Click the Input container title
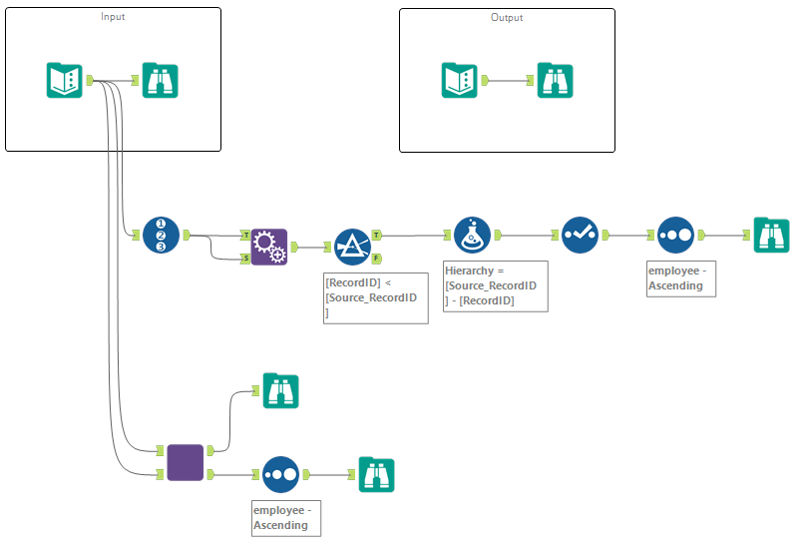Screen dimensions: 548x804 pyautogui.click(x=113, y=17)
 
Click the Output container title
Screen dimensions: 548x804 pyautogui.click(x=507, y=17)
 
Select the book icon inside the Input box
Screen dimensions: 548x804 pyautogui.click(x=65, y=80)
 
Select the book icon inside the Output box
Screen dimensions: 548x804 pyautogui.click(x=460, y=80)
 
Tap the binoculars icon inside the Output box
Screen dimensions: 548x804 pyautogui.click(x=555, y=80)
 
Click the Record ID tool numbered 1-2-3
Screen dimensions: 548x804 pyautogui.click(x=161, y=235)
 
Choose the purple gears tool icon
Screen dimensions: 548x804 pyautogui.click(x=269, y=247)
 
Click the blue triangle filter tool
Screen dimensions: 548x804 pyautogui.click(x=352, y=247)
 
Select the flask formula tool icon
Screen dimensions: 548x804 pyautogui.click(x=472, y=235)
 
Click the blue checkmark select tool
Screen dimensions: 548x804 pyautogui.click(x=580, y=235)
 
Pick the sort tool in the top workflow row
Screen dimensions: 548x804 pyautogui.click(x=675, y=235)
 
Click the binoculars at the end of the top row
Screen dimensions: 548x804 pyautogui.click(x=771, y=235)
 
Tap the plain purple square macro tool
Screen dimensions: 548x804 pyautogui.click(x=185, y=462)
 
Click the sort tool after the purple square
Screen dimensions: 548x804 pyautogui.click(x=280, y=474)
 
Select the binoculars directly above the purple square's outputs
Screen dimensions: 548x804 pyautogui.click(x=280, y=390)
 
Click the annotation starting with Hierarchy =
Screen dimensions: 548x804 pyautogui.click(x=496, y=285)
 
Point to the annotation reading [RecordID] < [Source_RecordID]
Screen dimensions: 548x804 pyautogui.click(x=376, y=297)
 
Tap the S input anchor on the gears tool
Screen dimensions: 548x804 pyautogui.click(x=244, y=259)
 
